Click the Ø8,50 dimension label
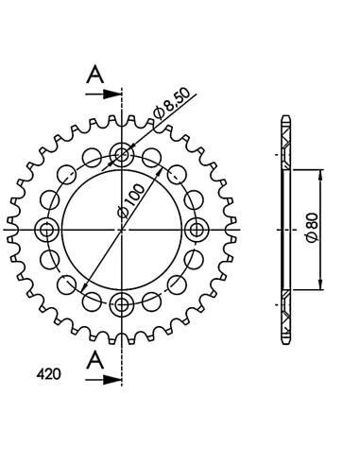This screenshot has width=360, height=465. click(x=171, y=104)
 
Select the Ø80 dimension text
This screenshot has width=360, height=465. click(x=313, y=227)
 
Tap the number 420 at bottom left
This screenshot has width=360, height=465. click(x=48, y=374)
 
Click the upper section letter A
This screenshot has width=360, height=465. click(x=95, y=75)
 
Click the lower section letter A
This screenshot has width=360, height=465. click(x=95, y=360)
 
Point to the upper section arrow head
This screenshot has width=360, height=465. click(x=112, y=94)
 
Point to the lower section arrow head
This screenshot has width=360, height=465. click(x=112, y=380)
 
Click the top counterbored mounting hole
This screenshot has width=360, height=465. click(x=122, y=154)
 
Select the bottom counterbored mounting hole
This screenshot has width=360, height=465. click(x=122, y=304)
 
